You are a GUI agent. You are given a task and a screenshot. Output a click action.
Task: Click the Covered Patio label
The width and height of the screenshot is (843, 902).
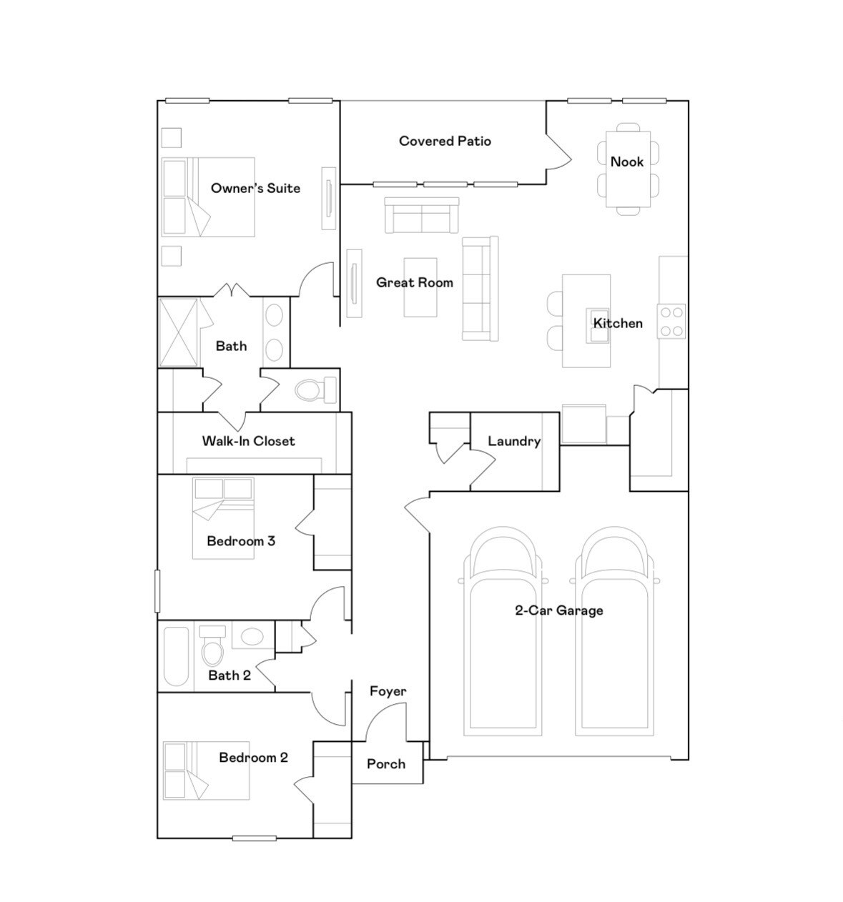pos(445,142)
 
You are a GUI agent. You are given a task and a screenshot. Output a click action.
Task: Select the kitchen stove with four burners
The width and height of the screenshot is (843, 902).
pos(671,321)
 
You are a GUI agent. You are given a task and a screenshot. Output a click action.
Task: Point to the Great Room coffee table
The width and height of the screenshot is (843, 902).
pos(420,287)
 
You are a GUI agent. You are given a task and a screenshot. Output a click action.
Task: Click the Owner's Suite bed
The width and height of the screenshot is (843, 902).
pos(207,197)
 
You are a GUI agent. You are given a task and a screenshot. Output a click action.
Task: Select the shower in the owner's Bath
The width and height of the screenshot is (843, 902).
pos(177,332)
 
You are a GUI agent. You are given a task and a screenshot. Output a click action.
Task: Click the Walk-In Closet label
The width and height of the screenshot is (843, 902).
pos(248,441)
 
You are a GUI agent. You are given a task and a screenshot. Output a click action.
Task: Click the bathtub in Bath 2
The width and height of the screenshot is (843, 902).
pos(176,656)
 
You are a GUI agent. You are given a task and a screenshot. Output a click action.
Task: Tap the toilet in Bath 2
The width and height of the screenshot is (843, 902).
pos(212,648)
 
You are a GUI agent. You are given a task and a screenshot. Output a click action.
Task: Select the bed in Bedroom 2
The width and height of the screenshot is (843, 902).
pos(206,770)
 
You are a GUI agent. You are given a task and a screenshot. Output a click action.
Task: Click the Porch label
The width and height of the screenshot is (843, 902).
pos(386,764)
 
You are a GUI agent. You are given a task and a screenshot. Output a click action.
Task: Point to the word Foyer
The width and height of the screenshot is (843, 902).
pos(388,691)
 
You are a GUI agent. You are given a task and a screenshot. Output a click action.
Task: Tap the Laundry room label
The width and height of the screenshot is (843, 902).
pos(514,441)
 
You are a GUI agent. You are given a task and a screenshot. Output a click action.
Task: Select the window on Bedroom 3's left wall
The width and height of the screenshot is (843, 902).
pos(157,590)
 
